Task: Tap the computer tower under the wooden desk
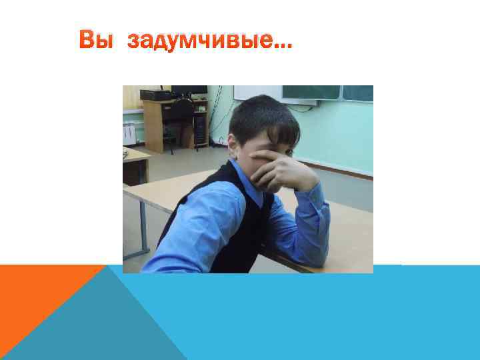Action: coord(199,131)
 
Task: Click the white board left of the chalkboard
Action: coord(257,92)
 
